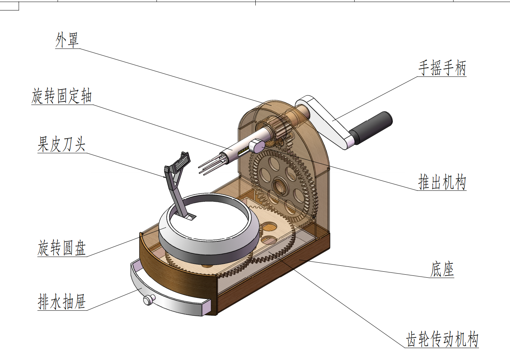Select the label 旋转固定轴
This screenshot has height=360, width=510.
tap(62, 96)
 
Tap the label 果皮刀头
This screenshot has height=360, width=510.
tap(62, 144)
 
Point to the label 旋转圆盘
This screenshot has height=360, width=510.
tap(62, 248)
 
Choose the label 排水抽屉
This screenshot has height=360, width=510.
tap(62, 301)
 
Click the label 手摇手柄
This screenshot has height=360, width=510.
tap(442, 68)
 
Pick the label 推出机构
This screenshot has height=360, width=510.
tap(442, 182)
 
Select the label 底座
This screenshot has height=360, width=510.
tap(442, 269)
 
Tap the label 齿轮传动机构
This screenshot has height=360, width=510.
tap(442, 339)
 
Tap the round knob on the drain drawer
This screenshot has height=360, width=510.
tap(149, 299)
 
